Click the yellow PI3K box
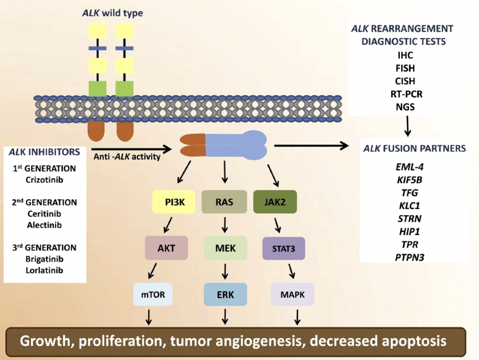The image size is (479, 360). click(174, 202)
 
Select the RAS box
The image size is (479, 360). click(224, 202)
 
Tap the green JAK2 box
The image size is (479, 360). click(275, 202)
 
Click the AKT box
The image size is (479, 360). click(166, 248)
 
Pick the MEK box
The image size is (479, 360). click(225, 248)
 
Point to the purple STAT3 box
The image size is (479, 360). click(283, 248)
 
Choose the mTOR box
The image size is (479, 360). click(153, 294)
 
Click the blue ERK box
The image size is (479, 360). click(225, 294)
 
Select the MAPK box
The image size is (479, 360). click(293, 294)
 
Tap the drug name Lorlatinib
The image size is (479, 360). click(44, 270)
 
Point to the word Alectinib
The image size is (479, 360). click(44, 224)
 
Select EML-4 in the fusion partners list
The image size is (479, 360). click(409, 168)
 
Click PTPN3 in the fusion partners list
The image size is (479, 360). click(409, 256)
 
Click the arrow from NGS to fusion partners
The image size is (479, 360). click(409, 126)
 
